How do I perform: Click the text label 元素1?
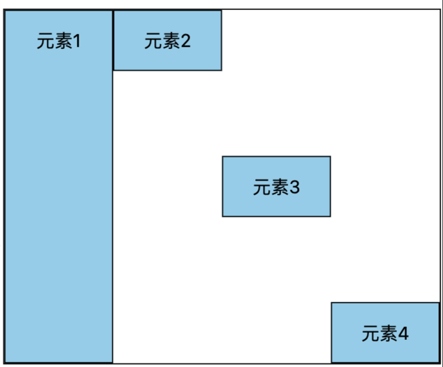pyautogui.click(x=58, y=42)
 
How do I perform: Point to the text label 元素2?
pyautogui.click(x=167, y=41)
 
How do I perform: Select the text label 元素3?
pyautogui.click(x=276, y=188)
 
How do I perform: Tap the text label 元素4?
pyautogui.click(x=385, y=334)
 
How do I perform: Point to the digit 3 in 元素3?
pyautogui.click(x=295, y=188)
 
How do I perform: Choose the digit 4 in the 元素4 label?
pyautogui.click(x=403, y=334)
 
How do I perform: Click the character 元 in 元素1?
pyautogui.click(x=45, y=42)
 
